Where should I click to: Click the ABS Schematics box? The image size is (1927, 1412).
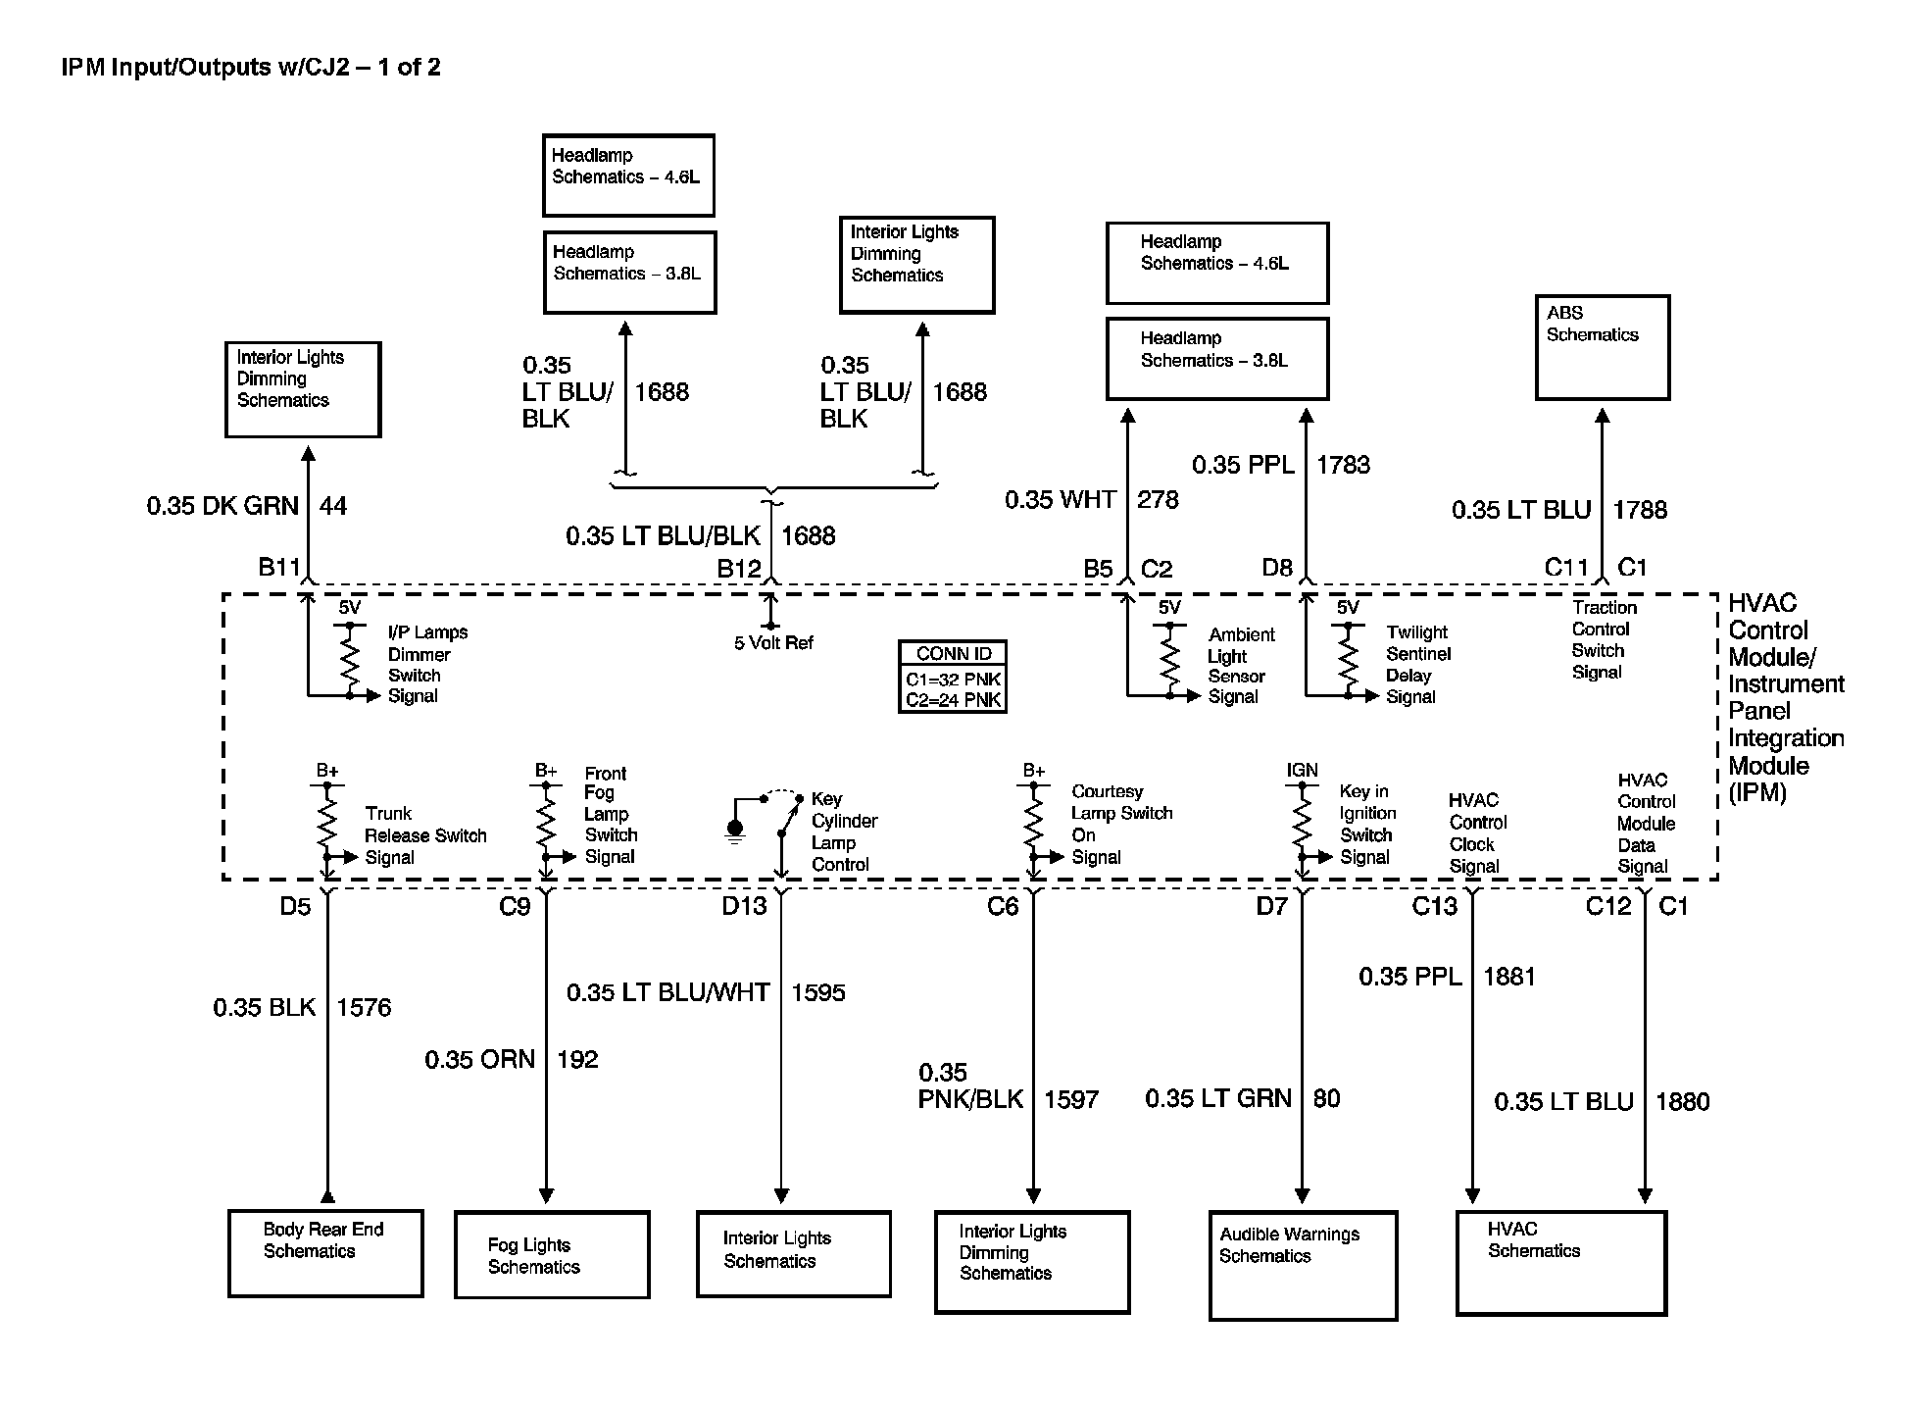pyautogui.click(x=1602, y=347)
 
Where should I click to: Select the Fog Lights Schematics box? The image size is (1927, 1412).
pyautogui.click(x=552, y=1254)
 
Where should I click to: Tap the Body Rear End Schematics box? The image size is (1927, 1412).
pyautogui.click(x=325, y=1253)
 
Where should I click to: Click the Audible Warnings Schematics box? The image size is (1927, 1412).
pyautogui.click(x=1303, y=1265)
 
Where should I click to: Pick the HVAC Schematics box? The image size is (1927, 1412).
pyautogui.click(x=1561, y=1262)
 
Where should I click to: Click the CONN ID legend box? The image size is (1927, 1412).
pyautogui.click(x=953, y=677)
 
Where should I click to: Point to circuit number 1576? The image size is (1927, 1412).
pyautogui.click(x=364, y=1008)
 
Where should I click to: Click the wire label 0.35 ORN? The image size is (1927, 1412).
pyautogui.click(x=479, y=1060)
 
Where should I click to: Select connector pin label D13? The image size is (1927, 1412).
pyautogui.click(x=744, y=906)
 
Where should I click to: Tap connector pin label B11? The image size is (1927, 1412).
pyautogui.click(x=279, y=567)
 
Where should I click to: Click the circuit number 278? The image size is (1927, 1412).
pyautogui.click(x=1158, y=500)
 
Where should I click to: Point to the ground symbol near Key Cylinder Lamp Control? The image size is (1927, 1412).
pyautogui.click(x=735, y=832)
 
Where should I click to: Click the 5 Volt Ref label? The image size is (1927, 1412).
pyautogui.click(x=773, y=643)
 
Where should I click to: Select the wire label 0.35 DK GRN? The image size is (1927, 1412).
pyautogui.click(x=222, y=506)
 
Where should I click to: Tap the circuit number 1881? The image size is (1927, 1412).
pyautogui.click(x=1509, y=977)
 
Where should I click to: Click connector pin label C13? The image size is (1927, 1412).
pyautogui.click(x=1434, y=906)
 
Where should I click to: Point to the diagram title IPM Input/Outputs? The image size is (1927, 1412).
pyautogui.click(x=251, y=67)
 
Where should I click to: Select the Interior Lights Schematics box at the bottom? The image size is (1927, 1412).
pyautogui.click(x=793, y=1253)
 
